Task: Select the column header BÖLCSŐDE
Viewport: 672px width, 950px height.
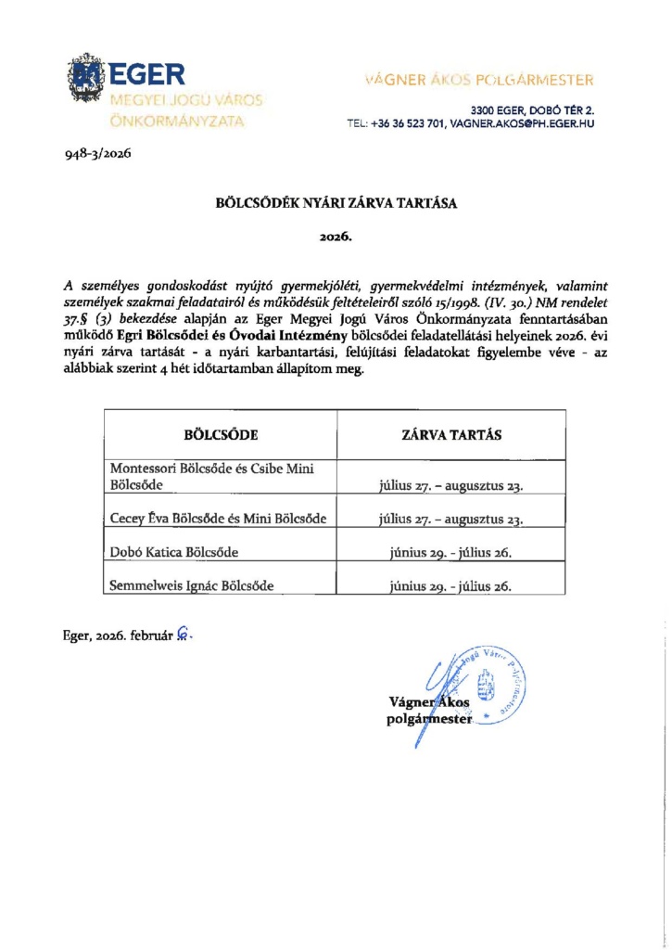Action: tap(221, 433)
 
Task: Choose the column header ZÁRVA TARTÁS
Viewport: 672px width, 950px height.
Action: tap(450, 433)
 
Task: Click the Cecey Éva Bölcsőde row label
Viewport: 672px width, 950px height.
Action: tap(218, 519)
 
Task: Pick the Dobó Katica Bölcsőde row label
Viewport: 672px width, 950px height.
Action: tap(174, 553)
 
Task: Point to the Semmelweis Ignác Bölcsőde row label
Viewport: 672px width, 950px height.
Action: tap(192, 585)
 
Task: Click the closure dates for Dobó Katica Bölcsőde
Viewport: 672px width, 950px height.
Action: tap(450, 553)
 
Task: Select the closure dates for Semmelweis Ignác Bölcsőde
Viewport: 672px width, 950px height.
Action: tap(450, 586)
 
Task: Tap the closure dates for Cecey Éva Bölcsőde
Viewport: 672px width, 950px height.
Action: tap(450, 520)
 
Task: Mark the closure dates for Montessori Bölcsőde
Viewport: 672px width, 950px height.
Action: tap(450, 485)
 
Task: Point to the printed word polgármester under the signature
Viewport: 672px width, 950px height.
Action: tap(429, 719)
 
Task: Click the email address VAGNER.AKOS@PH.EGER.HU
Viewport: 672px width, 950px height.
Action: tap(521, 123)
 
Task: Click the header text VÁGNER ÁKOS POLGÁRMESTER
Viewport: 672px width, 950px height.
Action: tap(479, 80)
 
